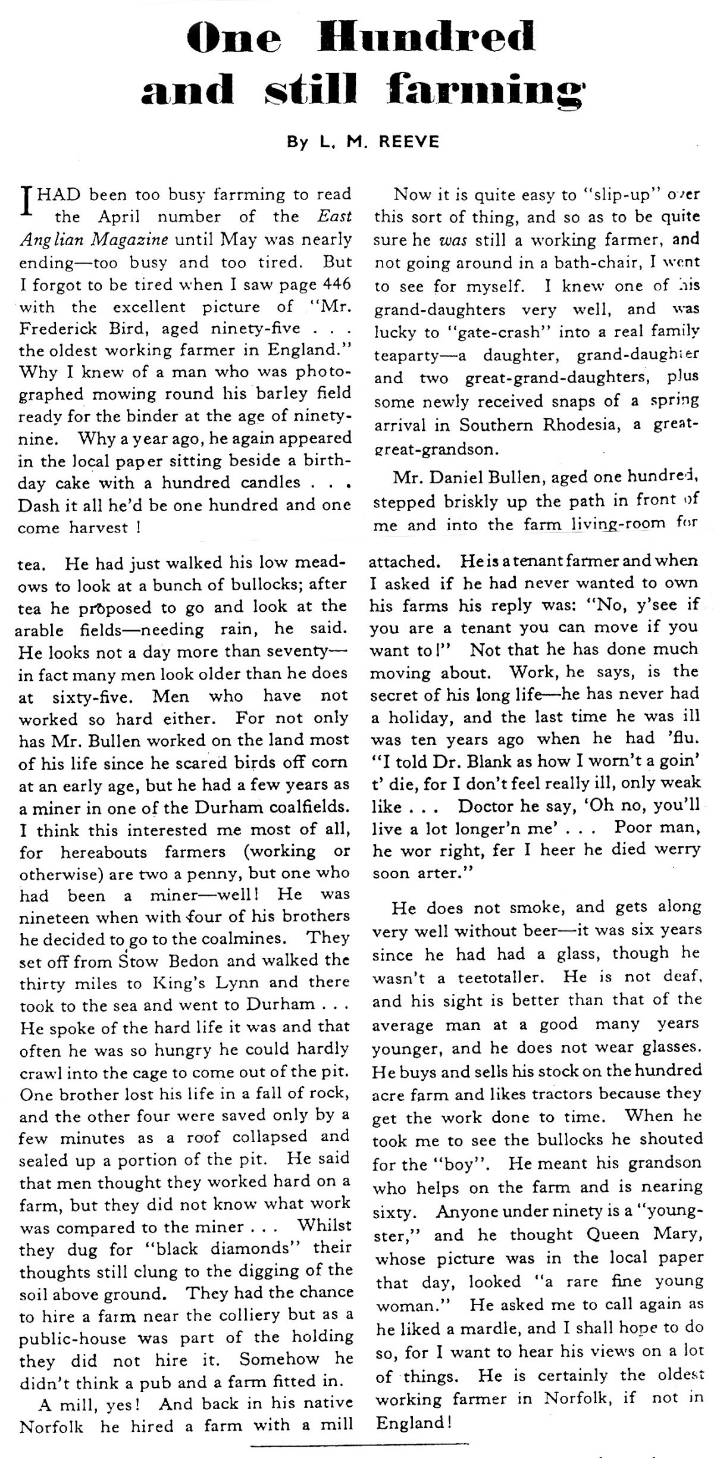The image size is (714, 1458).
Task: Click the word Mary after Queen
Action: pyautogui.click(x=671, y=1234)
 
